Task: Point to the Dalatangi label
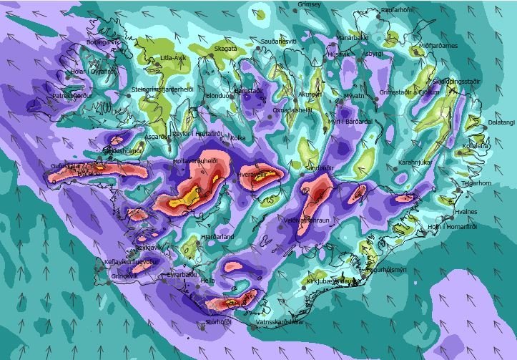coord(502,122)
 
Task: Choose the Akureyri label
coord(310,94)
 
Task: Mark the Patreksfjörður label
coord(73,95)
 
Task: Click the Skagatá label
coord(226,49)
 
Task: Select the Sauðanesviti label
coord(279,42)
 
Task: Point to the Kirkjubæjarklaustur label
coord(331,281)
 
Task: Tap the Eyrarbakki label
coord(182,274)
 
